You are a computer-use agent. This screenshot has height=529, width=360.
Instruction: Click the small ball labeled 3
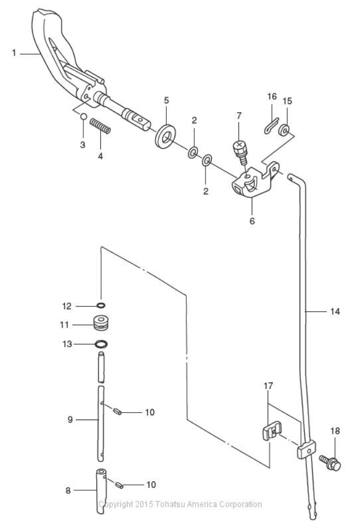(83, 116)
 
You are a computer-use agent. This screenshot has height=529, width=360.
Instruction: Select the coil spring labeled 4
(100, 126)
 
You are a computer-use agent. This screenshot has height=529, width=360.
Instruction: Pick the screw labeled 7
(240, 152)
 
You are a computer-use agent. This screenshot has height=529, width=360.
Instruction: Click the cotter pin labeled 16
(271, 125)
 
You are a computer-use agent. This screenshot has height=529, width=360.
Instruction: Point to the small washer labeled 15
(284, 130)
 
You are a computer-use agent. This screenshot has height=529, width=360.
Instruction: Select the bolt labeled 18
(330, 463)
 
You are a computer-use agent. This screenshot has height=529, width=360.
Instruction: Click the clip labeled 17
(271, 430)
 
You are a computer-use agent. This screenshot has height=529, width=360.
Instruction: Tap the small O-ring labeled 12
(101, 305)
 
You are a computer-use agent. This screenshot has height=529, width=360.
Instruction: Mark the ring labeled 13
(101, 344)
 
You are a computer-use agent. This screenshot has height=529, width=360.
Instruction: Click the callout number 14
(335, 311)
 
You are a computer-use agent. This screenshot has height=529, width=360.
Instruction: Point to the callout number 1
(14, 53)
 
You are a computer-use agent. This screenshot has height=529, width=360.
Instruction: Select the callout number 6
(252, 221)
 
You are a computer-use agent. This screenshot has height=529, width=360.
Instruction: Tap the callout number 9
(70, 420)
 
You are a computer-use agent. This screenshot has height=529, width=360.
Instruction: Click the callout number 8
(68, 491)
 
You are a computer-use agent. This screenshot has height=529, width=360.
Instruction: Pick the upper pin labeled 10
(117, 411)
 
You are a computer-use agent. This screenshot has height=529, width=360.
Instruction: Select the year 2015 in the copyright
(144, 505)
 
